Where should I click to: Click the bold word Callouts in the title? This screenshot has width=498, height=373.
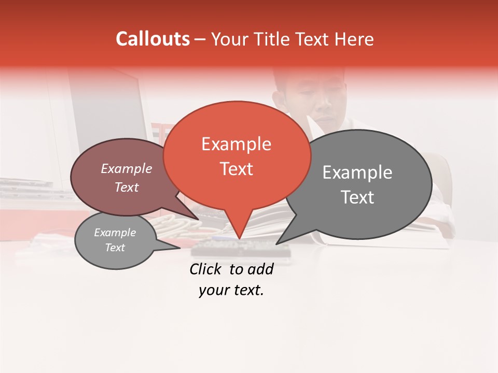point(153,39)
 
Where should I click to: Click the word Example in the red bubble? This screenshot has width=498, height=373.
point(236,144)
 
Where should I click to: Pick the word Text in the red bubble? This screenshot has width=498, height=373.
point(237,169)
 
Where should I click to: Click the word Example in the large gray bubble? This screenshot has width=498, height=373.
point(357,173)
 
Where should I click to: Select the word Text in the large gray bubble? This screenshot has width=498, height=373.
point(357,197)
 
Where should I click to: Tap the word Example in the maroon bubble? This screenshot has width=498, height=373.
point(127,168)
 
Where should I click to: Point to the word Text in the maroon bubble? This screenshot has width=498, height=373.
point(127,187)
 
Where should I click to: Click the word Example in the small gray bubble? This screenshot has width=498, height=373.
point(115,233)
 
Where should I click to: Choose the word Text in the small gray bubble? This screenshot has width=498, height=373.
point(115,248)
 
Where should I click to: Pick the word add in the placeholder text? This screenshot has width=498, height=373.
point(261,269)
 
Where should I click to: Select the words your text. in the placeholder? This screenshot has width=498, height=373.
point(231,291)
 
